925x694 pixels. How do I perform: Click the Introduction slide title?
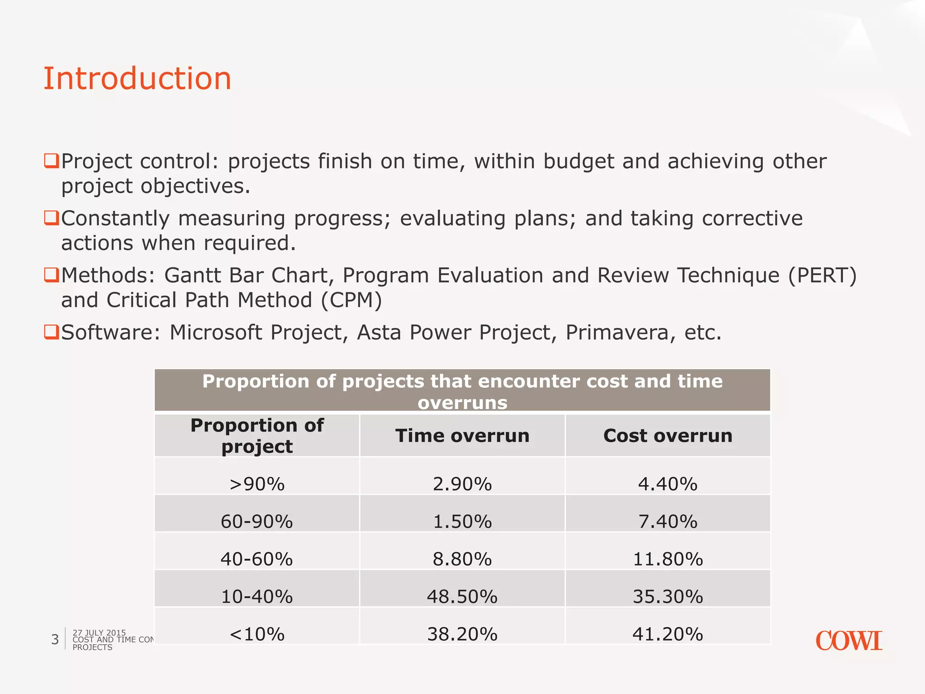pyautogui.click(x=137, y=79)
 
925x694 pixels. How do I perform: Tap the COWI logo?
pyautogui.click(x=848, y=641)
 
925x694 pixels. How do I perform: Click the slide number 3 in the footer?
pyautogui.click(x=55, y=639)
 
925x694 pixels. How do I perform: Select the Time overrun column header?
pyautogui.click(x=462, y=436)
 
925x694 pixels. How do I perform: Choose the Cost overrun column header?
pyautogui.click(x=668, y=436)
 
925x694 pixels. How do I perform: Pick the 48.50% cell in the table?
pyautogui.click(x=462, y=596)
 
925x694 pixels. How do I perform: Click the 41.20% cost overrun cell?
pyautogui.click(x=668, y=634)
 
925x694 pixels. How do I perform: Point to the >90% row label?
pyautogui.click(x=257, y=484)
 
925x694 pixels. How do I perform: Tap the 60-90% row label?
pyautogui.click(x=257, y=521)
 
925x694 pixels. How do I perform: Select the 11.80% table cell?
pyautogui.click(x=668, y=559)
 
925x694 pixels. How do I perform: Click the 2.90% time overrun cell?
pyautogui.click(x=462, y=484)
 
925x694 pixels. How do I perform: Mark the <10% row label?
pyautogui.click(x=257, y=634)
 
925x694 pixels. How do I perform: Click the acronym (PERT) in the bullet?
pyautogui.click(x=822, y=276)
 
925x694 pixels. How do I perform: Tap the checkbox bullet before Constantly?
pyautogui.click(x=51, y=218)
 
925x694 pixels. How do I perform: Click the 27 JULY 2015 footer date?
pyautogui.click(x=99, y=633)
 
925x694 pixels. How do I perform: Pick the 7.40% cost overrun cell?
pyautogui.click(x=668, y=521)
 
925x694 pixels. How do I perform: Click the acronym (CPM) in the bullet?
pyautogui.click(x=351, y=300)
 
